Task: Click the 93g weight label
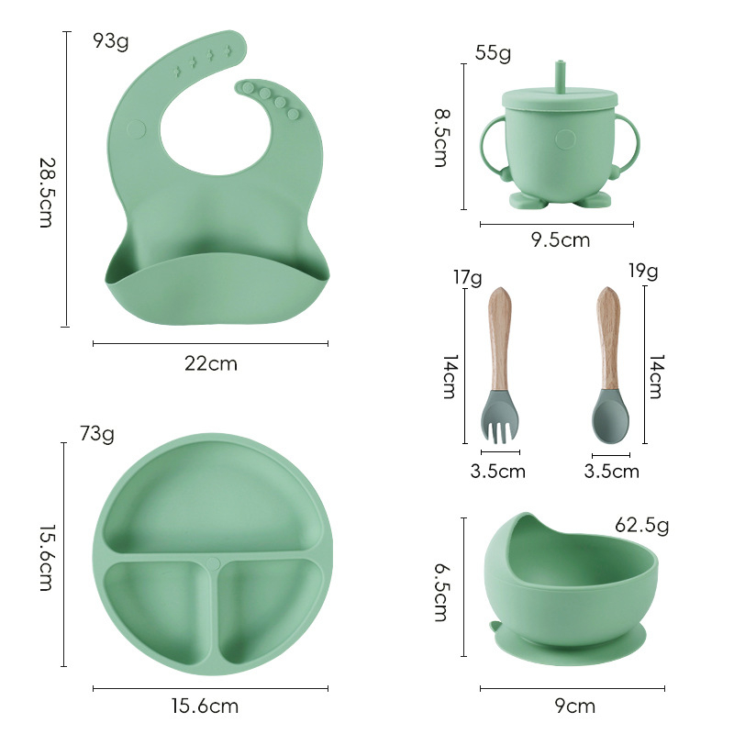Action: pyautogui.click(x=111, y=41)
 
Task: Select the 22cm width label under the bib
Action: pyautogui.click(x=211, y=363)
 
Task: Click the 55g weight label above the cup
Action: pyautogui.click(x=493, y=53)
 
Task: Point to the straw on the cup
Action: pyautogui.click(x=558, y=74)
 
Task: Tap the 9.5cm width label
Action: pyautogui.click(x=560, y=240)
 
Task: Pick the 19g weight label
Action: pyautogui.click(x=643, y=271)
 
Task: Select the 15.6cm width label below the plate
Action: pyautogui.click(x=206, y=706)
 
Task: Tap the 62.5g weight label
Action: pyautogui.click(x=641, y=526)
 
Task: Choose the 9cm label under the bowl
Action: pyautogui.click(x=575, y=706)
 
